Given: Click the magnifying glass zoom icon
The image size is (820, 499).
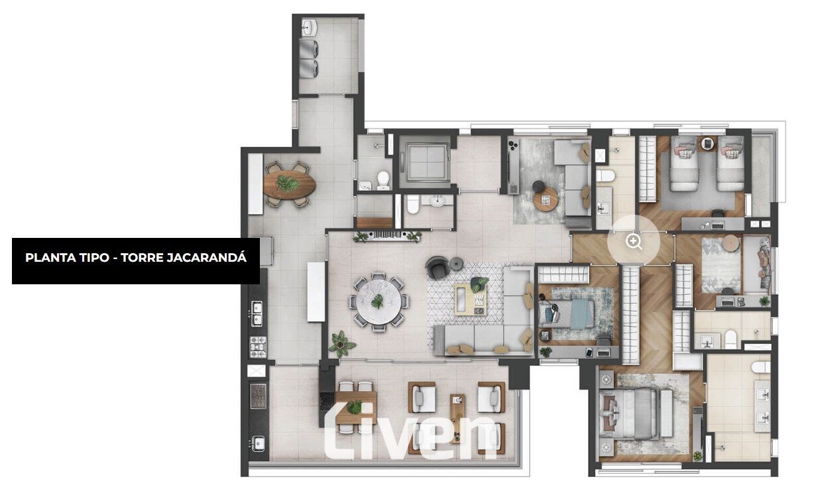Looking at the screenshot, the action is click(x=634, y=242).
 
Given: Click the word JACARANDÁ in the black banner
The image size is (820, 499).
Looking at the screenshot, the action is click(x=206, y=258).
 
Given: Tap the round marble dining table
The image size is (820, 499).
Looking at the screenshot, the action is click(x=379, y=302).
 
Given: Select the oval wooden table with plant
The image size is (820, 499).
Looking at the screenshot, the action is click(x=289, y=185).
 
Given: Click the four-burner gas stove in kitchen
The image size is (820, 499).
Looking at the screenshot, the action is click(x=258, y=347).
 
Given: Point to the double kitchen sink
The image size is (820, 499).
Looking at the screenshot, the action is click(x=257, y=313).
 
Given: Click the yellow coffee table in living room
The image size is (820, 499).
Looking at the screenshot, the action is click(x=471, y=300).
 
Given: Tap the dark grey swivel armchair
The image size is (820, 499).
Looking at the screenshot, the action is click(x=438, y=267).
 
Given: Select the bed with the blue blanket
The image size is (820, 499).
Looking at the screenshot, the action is click(x=566, y=313).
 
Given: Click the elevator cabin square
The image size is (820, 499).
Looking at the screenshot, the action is click(x=426, y=162).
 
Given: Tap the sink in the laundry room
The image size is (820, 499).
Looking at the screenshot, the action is click(x=310, y=28).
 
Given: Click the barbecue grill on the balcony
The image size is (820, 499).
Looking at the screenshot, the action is click(x=258, y=396).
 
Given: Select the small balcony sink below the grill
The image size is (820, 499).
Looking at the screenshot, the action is click(x=258, y=444).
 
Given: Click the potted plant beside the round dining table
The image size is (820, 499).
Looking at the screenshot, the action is click(x=341, y=344).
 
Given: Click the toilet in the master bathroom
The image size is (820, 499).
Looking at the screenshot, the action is click(x=761, y=368).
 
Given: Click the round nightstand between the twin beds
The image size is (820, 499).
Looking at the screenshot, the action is click(x=708, y=143).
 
